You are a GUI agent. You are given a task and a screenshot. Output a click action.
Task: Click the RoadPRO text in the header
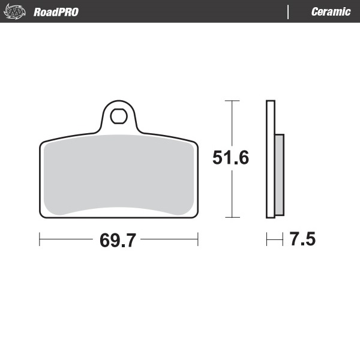click(x=56, y=12)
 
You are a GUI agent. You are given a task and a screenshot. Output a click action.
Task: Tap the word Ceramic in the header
click(x=331, y=12)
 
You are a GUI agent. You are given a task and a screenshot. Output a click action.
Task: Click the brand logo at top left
click(x=16, y=12)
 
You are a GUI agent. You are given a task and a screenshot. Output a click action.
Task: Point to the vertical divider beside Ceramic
click(x=289, y=12)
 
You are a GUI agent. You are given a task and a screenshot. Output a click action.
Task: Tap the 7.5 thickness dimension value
click(x=302, y=240)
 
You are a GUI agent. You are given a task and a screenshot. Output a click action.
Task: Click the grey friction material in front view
click(x=119, y=174)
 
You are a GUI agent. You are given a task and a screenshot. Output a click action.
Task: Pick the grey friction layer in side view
click(x=278, y=175)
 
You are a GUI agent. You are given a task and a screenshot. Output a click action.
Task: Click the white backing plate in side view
click(x=270, y=159)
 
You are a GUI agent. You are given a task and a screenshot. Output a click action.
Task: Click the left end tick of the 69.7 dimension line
click(x=40, y=240)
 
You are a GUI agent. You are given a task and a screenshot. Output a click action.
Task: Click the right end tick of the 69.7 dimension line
click(x=198, y=240)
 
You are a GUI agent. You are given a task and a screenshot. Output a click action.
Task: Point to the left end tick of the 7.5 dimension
click(x=267, y=240)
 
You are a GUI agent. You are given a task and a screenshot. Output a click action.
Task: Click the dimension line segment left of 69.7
click(x=66, y=240)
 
